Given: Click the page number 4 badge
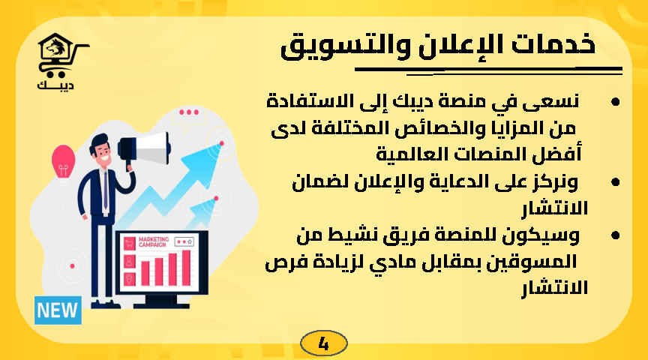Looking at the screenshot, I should point(323,344).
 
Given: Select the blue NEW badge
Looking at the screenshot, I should point(58,310).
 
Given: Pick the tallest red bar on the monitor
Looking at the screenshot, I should point(185,268).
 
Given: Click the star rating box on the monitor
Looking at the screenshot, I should point(184,241).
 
